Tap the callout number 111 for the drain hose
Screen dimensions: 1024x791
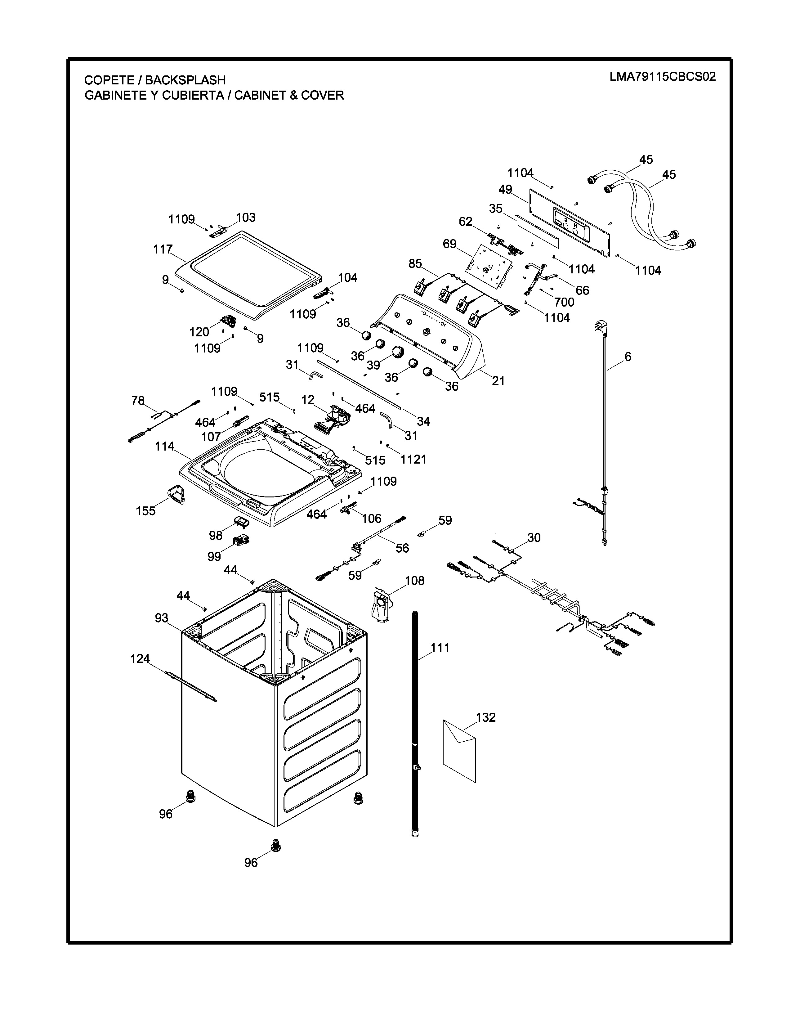(x=440, y=648)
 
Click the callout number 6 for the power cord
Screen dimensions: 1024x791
(x=628, y=357)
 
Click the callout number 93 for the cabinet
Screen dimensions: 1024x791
(x=162, y=618)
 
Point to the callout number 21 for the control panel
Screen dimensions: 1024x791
(x=498, y=381)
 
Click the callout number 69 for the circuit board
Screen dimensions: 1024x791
(x=449, y=244)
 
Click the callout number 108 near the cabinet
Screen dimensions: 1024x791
(x=415, y=581)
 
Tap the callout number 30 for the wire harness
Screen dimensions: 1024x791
(x=534, y=537)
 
